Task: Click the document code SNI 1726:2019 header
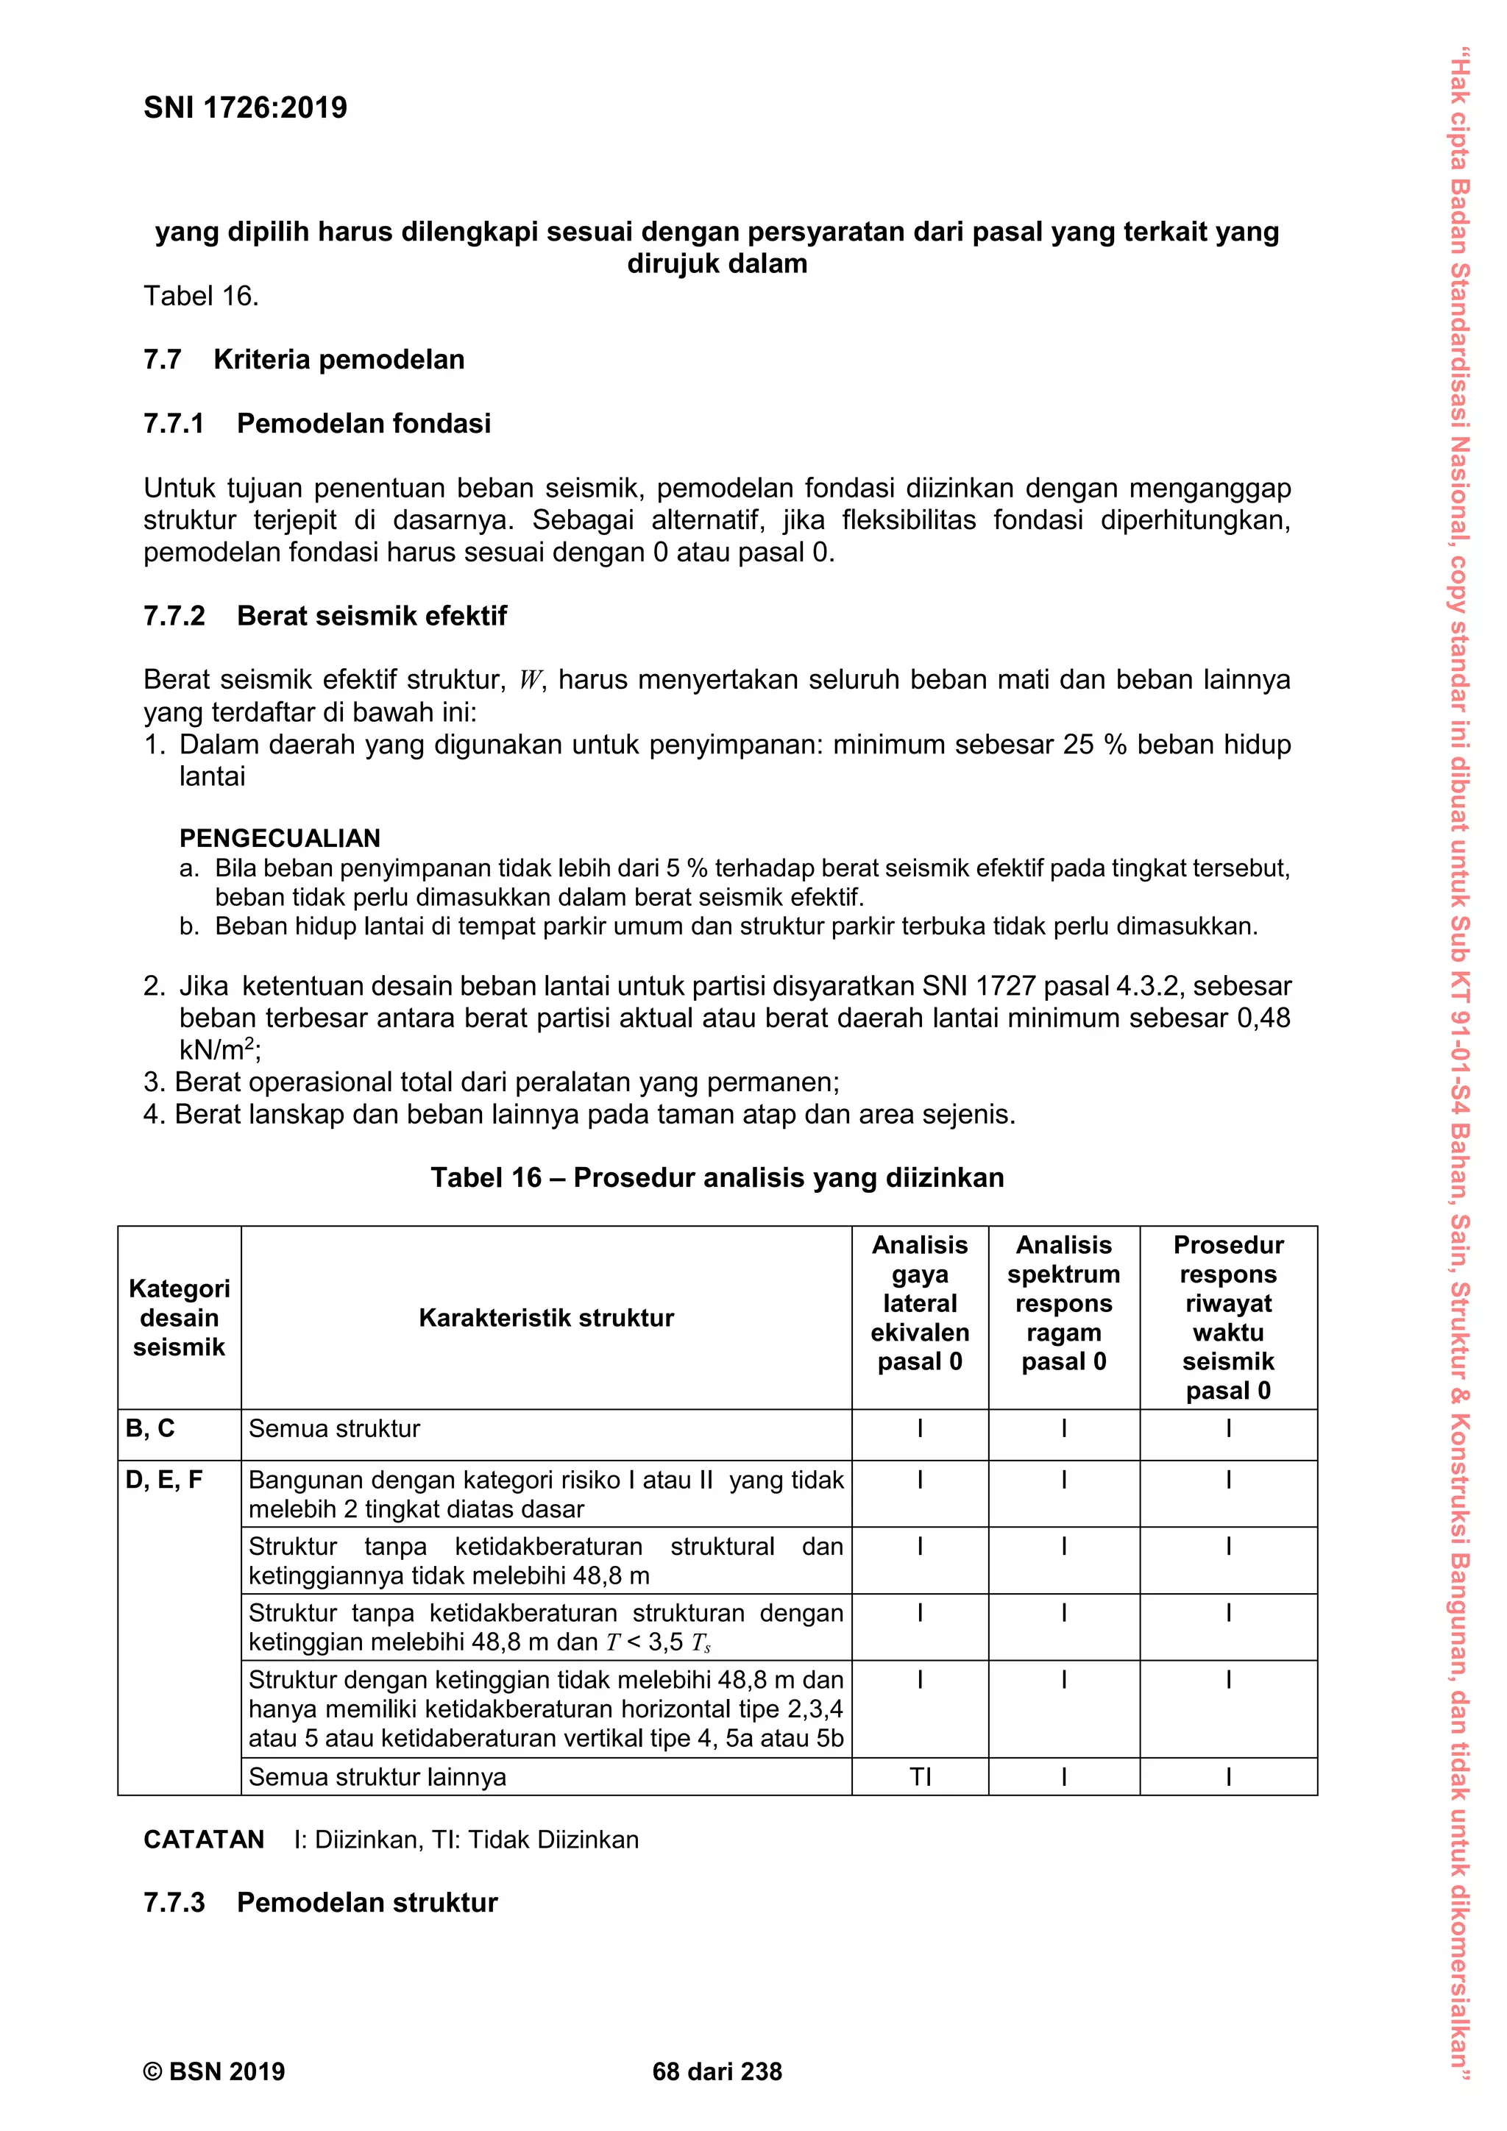tap(245, 107)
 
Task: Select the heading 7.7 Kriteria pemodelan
tap(303, 359)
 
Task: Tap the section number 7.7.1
tap(174, 423)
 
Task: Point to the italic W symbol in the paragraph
tap(530, 681)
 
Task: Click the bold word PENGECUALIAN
tap(280, 838)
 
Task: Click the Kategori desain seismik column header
tap(179, 1317)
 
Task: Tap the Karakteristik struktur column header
tap(546, 1317)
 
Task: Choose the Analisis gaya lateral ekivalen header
tap(920, 1303)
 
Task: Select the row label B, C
tap(150, 1428)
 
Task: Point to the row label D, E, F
tap(164, 1480)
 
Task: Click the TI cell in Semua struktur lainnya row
tap(920, 1776)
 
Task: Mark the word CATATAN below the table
tap(204, 1840)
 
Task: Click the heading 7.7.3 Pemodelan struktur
tap(320, 1903)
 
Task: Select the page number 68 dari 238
tap(717, 2071)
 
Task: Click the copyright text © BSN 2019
tap(214, 2071)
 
